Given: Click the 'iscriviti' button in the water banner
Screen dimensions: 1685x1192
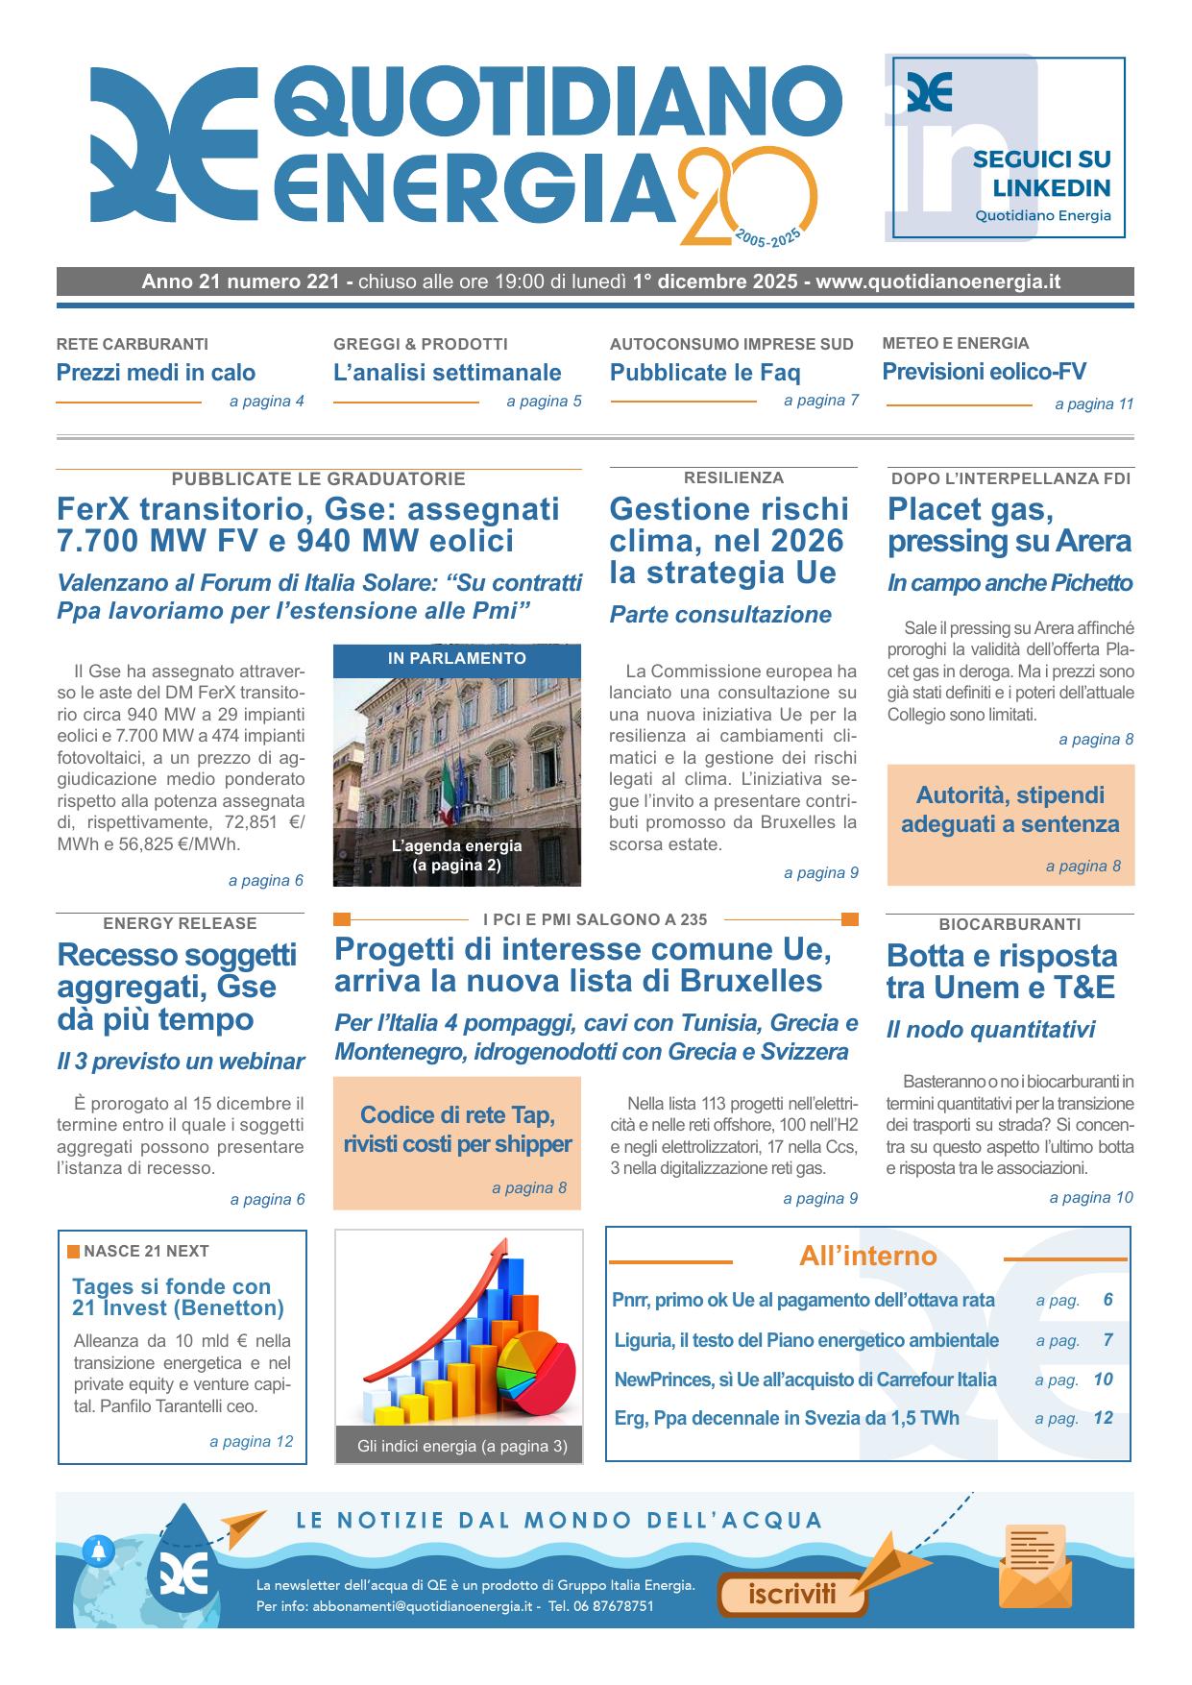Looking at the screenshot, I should click(x=792, y=1595).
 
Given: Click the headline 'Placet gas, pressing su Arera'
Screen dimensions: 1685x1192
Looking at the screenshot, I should click(x=1009, y=525).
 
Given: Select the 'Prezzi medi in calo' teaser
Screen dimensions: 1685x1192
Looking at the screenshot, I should click(x=156, y=372).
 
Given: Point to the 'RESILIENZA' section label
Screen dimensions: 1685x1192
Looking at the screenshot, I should click(x=734, y=477).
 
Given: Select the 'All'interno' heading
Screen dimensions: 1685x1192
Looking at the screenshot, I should click(x=867, y=1256).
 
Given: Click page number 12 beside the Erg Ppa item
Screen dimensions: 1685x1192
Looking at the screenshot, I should click(x=1103, y=1418).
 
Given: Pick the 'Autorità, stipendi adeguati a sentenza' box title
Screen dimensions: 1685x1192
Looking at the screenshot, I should click(x=1010, y=809).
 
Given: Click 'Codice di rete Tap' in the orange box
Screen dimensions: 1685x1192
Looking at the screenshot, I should click(x=457, y=1115).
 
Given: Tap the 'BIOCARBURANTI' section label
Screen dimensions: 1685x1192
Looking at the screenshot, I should click(x=1010, y=924).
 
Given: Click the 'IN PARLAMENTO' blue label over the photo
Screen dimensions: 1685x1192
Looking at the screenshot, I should click(x=457, y=658).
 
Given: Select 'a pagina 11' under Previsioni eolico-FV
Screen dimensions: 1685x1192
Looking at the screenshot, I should click(x=1094, y=404).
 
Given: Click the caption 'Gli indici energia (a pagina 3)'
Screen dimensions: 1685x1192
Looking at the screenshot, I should click(x=458, y=1446).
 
